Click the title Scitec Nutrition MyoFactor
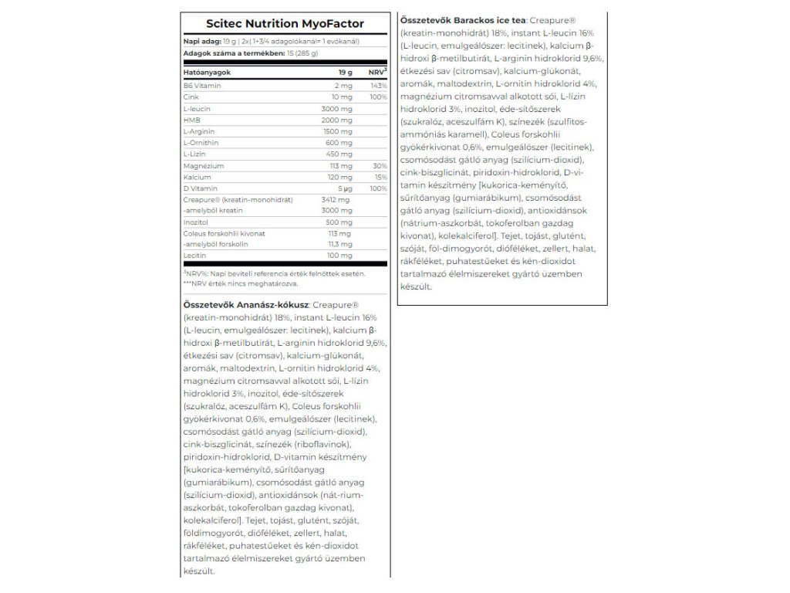click(285, 24)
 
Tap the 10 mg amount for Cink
click(342, 97)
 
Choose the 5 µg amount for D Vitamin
click(343, 188)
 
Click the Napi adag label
click(197, 40)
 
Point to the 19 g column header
click(345, 72)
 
